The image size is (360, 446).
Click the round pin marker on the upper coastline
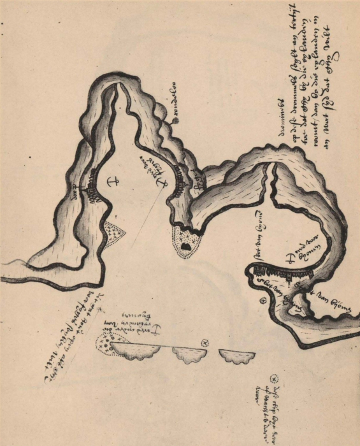(x=173, y=119)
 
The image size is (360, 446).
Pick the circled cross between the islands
(x=205, y=343)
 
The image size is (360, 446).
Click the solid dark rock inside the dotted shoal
(x=185, y=245)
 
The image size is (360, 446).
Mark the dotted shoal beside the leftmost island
(x=103, y=343)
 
